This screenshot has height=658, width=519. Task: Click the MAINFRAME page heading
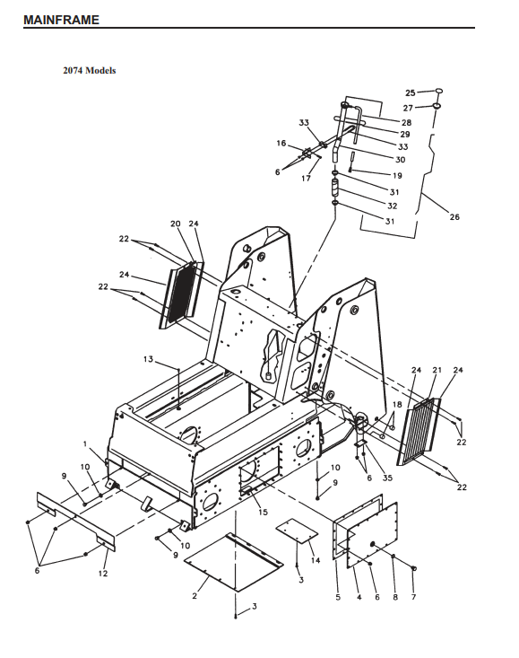61,20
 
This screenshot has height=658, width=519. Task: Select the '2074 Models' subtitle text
90,71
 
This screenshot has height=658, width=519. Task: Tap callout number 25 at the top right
410,92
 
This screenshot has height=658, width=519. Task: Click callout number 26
454,217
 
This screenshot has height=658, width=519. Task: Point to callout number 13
148,359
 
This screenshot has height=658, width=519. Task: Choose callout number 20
175,224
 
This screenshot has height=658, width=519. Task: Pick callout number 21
437,370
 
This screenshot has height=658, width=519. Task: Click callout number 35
387,478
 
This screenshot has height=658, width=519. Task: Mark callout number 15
263,512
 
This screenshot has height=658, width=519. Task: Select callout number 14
316,560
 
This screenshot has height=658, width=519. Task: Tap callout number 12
103,574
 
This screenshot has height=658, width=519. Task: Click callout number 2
195,596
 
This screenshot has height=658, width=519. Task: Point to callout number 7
413,597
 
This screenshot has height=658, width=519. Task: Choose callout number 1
85,443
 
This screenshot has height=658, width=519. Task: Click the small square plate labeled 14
297,530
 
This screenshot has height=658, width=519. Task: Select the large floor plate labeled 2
234,562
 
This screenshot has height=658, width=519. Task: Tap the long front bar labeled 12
76,522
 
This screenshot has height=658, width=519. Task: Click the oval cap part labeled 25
438,91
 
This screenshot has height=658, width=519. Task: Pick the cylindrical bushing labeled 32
335,187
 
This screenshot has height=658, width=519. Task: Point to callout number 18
397,404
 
